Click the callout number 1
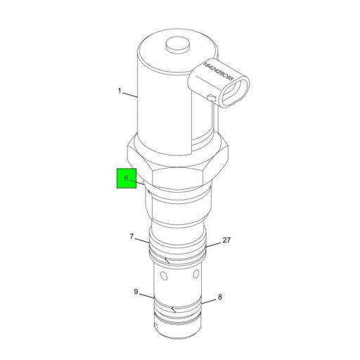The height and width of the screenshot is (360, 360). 120,91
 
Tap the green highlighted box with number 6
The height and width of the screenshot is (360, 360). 127,179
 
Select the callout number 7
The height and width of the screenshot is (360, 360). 131,236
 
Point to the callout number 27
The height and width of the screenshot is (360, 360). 226,240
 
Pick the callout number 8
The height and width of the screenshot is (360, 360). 219,297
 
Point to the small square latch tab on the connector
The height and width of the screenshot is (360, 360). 209,96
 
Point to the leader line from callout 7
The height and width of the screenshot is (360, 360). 141,241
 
